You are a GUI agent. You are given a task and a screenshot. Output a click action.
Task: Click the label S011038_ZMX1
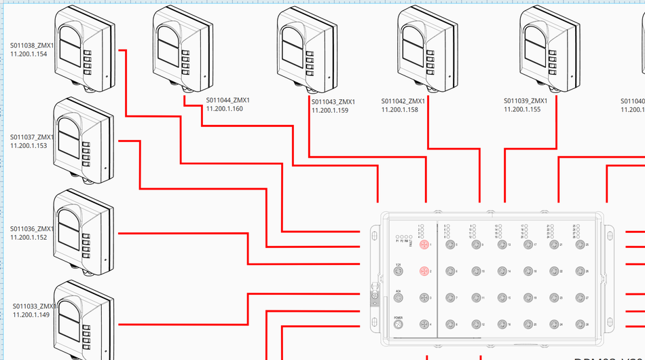click(x=32, y=45)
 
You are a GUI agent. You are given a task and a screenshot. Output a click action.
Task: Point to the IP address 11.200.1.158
click(x=399, y=109)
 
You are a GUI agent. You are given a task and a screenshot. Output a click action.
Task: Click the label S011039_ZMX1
click(x=526, y=101)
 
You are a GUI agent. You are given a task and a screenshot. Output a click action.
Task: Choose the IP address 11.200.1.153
click(x=29, y=145)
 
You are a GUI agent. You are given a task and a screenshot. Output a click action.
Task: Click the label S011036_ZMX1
click(x=32, y=229)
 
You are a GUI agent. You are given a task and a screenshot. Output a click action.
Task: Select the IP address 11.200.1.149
click(x=31, y=314)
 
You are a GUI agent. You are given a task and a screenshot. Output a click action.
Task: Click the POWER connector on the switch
click(x=399, y=325)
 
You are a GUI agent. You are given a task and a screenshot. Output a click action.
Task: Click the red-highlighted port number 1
click(x=424, y=244)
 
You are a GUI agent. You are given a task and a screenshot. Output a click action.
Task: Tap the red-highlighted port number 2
click(x=424, y=271)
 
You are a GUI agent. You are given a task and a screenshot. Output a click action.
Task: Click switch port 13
click(x=502, y=245)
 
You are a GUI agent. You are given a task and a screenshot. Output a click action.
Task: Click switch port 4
click(x=424, y=325)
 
